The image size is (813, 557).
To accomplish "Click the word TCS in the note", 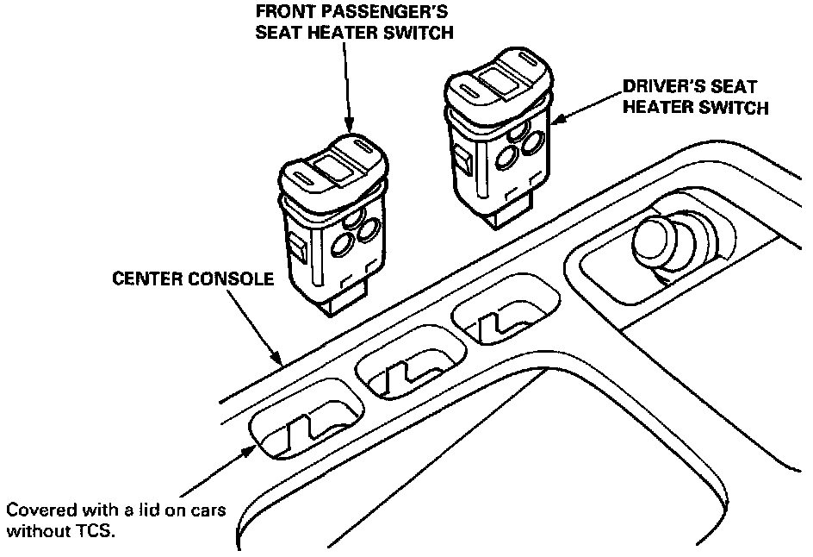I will tap(96, 532).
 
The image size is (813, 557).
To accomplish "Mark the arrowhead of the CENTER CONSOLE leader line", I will tap(277, 359).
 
